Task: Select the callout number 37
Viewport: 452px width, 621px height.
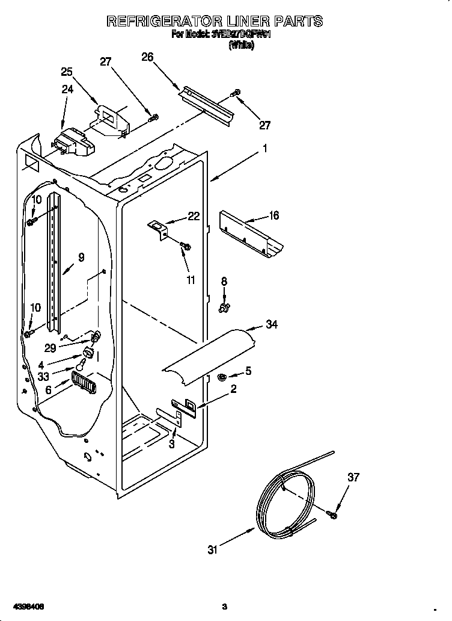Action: [353, 477]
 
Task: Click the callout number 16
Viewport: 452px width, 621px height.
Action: [274, 215]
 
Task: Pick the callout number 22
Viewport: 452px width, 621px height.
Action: [194, 217]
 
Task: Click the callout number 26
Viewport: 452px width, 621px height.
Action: [147, 57]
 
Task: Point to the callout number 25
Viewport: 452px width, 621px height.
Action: [67, 72]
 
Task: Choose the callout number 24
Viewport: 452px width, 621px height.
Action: [67, 89]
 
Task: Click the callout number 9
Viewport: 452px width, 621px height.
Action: [81, 257]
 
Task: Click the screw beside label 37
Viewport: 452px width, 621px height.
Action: [332, 513]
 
